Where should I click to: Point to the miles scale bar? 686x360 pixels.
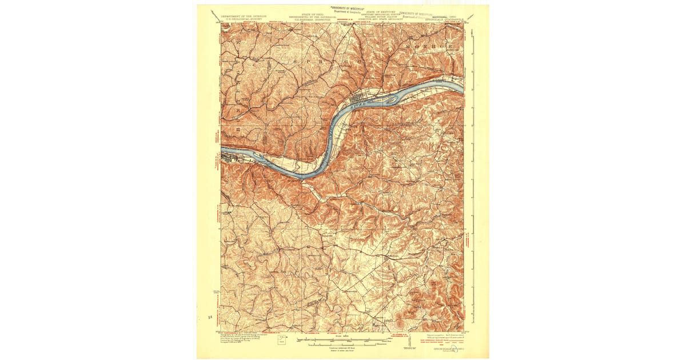click(x=343, y=341)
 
